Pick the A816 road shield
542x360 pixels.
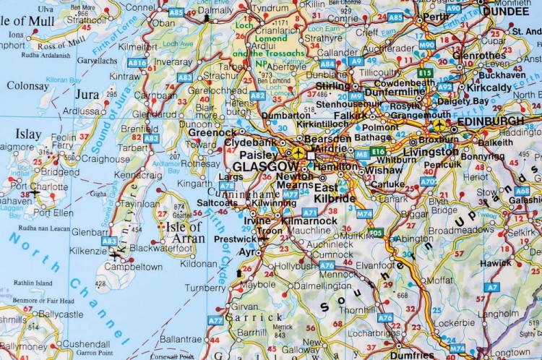tap(137, 63)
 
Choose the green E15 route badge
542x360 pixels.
tap(425, 73)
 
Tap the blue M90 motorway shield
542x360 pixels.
tap(427, 45)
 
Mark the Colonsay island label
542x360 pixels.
tap(27, 85)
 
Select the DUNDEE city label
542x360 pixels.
tap(506, 11)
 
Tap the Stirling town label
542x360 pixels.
tap(333, 86)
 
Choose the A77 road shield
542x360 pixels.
tap(215, 320)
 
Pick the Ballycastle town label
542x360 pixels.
tap(61, 314)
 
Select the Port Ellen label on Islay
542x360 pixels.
tap(53, 213)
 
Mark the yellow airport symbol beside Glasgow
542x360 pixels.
tap(296, 153)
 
